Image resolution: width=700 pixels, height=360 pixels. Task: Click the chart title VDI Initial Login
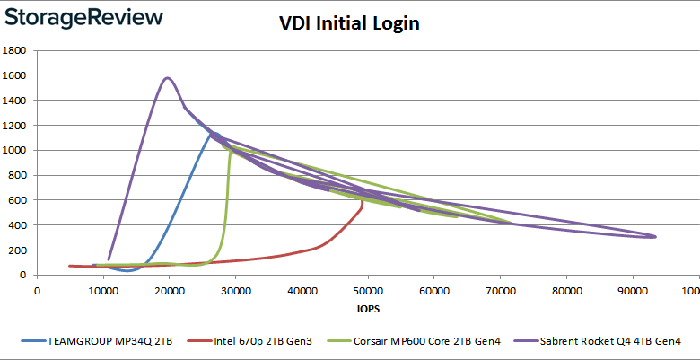point(348,23)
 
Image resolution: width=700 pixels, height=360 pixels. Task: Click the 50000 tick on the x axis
point(367,290)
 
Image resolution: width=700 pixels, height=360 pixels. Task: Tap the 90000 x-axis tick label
point(632,290)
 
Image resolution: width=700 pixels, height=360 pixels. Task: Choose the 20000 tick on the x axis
point(169,290)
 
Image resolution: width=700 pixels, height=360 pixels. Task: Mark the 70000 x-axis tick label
point(500,290)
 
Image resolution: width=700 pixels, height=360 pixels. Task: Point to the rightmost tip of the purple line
point(655,236)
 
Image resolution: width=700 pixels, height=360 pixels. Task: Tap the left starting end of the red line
point(70,266)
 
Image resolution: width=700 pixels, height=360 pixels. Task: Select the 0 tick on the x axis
point(37,290)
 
